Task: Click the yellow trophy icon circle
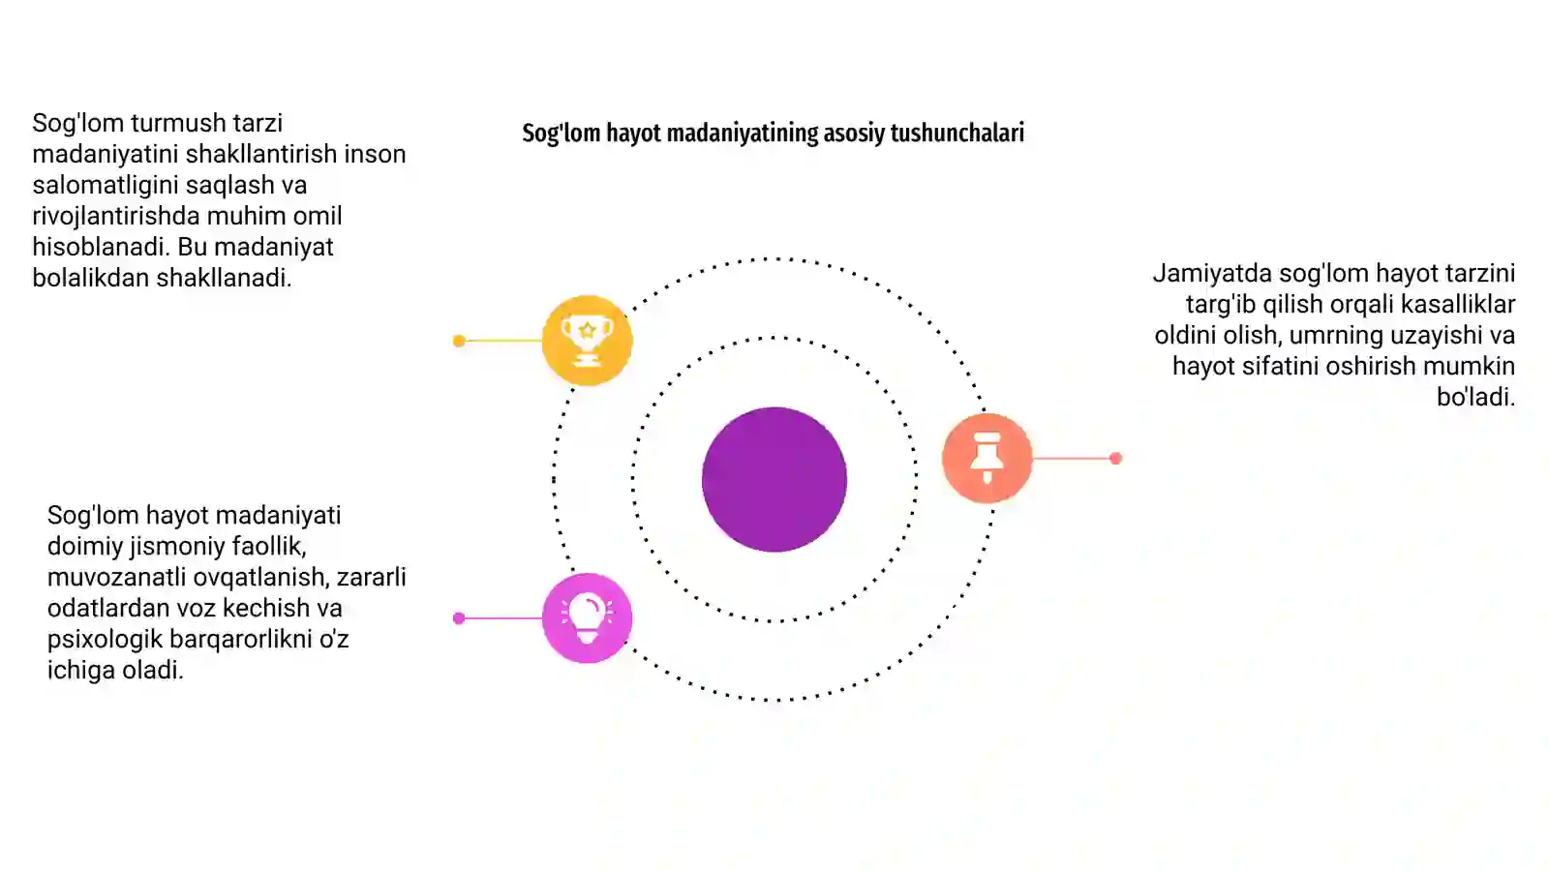pyautogui.click(x=587, y=340)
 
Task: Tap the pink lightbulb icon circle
pyautogui.click(x=587, y=618)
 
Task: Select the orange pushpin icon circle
pyautogui.click(x=987, y=458)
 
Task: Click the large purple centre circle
pyautogui.click(x=774, y=479)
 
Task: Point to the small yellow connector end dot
pyautogui.click(x=459, y=340)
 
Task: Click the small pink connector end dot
pyautogui.click(x=459, y=618)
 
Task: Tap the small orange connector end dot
pyautogui.click(x=1115, y=458)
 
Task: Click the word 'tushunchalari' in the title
pyautogui.click(x=957, y=133)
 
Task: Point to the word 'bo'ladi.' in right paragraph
pyautogui.click(x=1475, y=397)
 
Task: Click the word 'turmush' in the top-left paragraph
pyautogui.click(x=178, y=123)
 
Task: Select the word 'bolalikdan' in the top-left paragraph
pyautogui.click(x=91, y=278)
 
